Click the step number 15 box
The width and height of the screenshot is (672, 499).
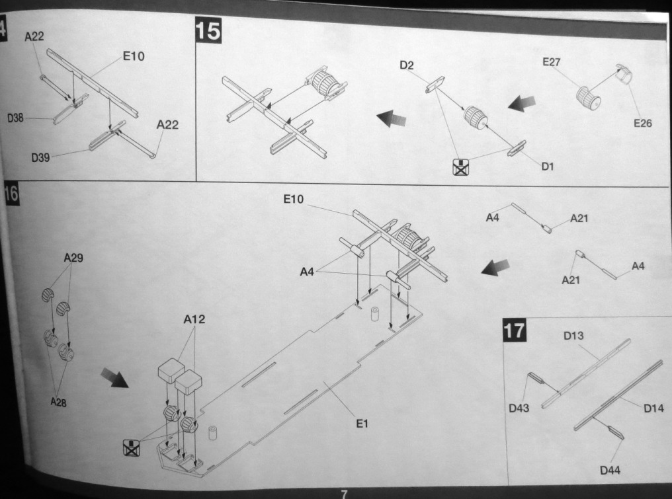(208, 30)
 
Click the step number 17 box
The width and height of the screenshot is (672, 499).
(515, 330)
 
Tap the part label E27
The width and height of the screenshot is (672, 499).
(551, 62)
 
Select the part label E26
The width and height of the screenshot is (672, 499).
(642, 123)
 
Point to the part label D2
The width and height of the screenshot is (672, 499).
(406, 65)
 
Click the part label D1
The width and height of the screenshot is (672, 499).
(547, 167)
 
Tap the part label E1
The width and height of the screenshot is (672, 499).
(362, 424)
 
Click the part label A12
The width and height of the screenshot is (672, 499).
(194, 320)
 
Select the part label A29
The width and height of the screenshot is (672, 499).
(73, 258)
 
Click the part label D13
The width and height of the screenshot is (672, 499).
(573, 336)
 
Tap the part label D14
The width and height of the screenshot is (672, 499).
(653, 408)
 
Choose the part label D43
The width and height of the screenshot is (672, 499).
(519, 408)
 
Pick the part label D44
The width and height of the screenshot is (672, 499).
(610, 471)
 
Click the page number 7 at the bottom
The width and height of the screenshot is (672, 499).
(343, 493)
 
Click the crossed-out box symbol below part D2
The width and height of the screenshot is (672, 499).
(459, 167)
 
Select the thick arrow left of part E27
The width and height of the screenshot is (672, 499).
(521, 102)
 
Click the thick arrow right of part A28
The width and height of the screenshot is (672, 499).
(114, 378)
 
